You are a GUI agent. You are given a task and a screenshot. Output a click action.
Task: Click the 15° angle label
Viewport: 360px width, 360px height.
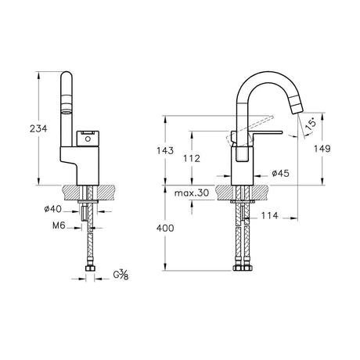(x=312, y=124)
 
